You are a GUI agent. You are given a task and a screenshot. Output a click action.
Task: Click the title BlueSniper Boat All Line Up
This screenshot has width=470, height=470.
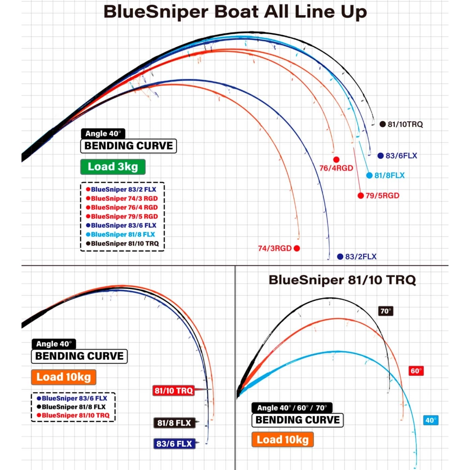235,12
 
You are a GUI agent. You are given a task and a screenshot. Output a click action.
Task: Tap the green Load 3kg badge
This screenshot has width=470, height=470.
112,167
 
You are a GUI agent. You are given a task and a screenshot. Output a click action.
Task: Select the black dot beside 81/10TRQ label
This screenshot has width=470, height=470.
382,125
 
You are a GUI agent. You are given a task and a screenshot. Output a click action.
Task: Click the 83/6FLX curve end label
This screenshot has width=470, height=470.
401,156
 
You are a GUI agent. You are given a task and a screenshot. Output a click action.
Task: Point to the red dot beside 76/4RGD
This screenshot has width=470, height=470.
336,159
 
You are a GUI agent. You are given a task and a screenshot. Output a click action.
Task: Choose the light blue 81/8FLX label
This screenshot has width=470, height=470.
389,175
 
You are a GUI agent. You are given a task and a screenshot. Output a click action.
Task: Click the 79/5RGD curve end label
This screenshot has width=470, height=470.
382,196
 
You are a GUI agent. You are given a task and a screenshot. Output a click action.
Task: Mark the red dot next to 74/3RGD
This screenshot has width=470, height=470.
297,248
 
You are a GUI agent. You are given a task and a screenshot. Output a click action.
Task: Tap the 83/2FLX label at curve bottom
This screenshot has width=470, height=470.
361,257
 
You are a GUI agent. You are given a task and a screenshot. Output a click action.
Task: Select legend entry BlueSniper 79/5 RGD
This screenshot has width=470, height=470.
124,216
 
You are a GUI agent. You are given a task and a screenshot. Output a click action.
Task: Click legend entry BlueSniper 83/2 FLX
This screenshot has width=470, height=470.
124,189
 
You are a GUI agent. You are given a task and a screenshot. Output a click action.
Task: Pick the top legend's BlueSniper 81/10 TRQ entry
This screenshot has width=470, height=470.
126,243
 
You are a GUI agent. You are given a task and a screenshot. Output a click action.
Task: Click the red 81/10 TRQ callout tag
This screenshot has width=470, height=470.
173,391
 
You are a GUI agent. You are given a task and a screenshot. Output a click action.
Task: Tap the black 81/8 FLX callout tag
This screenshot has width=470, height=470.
174,423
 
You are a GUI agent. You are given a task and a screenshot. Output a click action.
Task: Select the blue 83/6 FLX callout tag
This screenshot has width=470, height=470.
174,443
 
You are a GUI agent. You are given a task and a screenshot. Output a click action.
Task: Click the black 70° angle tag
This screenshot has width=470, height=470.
385,311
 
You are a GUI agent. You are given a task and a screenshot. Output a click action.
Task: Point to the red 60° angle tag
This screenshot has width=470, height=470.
416,371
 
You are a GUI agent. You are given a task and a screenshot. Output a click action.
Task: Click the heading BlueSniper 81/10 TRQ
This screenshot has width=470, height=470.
342,281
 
